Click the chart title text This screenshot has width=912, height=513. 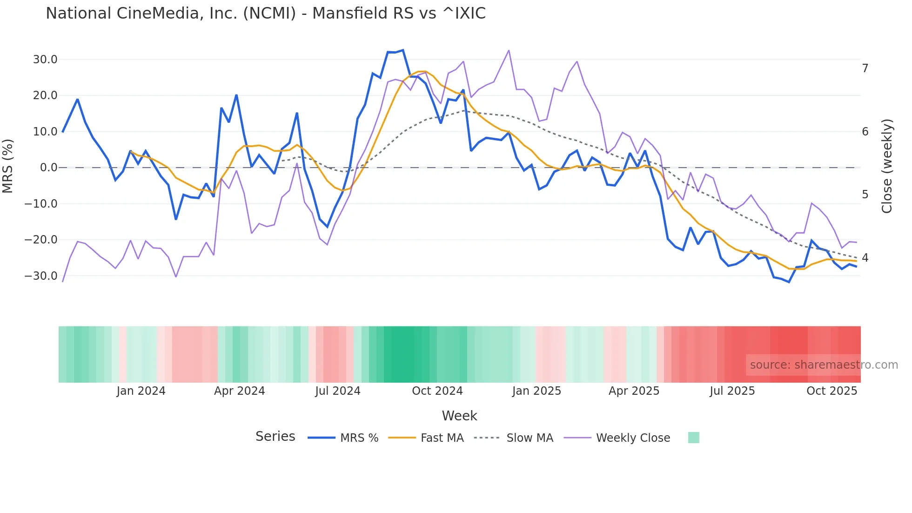coord(265,13)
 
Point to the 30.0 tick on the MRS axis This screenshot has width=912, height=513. coord(45,60)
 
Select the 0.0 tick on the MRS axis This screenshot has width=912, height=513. coord(48,168)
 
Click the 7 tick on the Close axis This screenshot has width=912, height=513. coord(865,68)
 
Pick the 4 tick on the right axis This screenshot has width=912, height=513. coord(865,257)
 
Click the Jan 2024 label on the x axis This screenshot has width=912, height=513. coord(141,391)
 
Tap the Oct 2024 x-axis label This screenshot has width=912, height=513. coord(437,391)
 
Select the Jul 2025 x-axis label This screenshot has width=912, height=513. coord(732,391)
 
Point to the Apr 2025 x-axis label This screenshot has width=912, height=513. coord(634,391)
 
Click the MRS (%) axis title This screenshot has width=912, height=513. coord(8,166)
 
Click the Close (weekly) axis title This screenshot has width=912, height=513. coord(887,166)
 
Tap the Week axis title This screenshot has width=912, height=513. coord(459,416)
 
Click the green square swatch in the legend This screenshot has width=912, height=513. coord(693,438)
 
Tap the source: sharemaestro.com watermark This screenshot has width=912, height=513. coord(824,365)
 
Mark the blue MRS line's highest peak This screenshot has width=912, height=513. coord(403,50)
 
